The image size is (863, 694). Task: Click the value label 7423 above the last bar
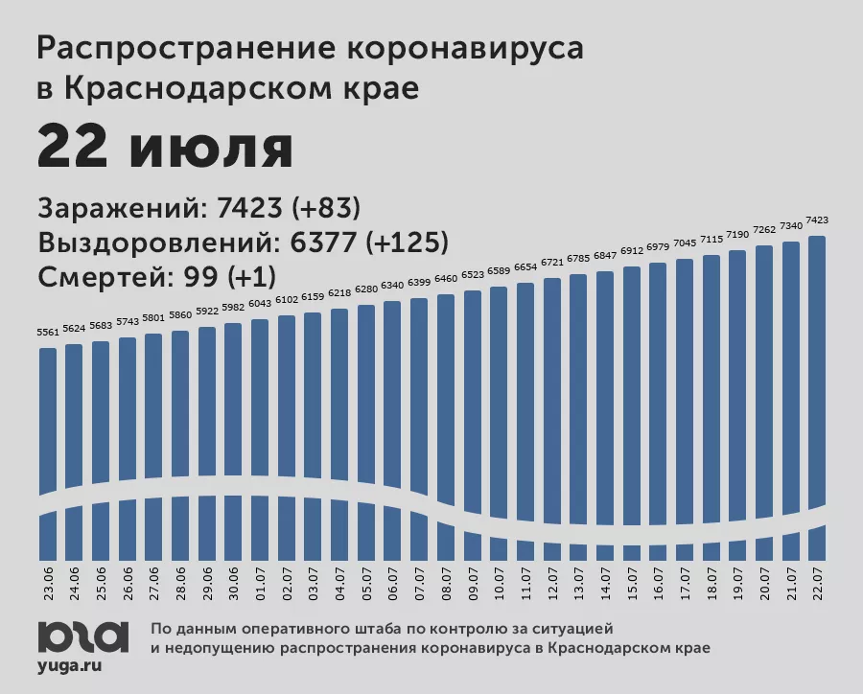point(817,220)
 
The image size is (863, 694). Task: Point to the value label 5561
point(48,332)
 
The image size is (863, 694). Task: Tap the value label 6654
point(525,267)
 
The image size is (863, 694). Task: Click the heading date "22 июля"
point(165,149)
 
